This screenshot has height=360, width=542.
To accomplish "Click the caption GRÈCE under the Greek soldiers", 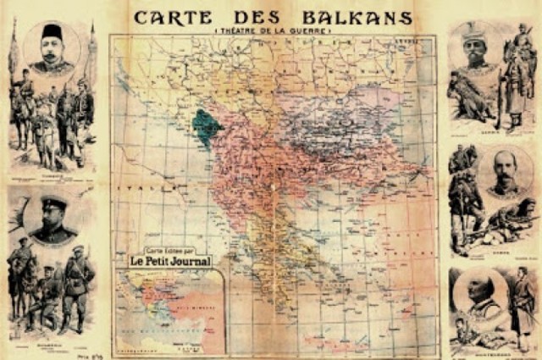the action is (x=491, y=252).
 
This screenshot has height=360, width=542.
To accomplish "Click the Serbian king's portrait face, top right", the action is (x=476, y=53).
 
